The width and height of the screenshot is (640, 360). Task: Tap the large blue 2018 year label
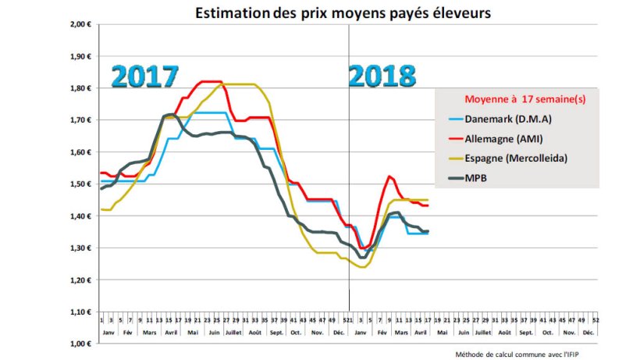tap(382, 77)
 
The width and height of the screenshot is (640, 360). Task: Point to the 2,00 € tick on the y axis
tap(81, 25)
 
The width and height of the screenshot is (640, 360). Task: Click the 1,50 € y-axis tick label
tap(81, 184)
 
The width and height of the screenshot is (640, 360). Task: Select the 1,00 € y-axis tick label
tap(81, 344)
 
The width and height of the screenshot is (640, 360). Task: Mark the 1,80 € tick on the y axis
tap(81, 89)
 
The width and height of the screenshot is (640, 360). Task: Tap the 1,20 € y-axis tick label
tap(81, 280)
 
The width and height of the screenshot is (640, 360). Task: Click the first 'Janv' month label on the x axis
tap(107, 331)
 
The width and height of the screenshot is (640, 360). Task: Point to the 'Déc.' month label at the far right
tap(588, 331)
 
